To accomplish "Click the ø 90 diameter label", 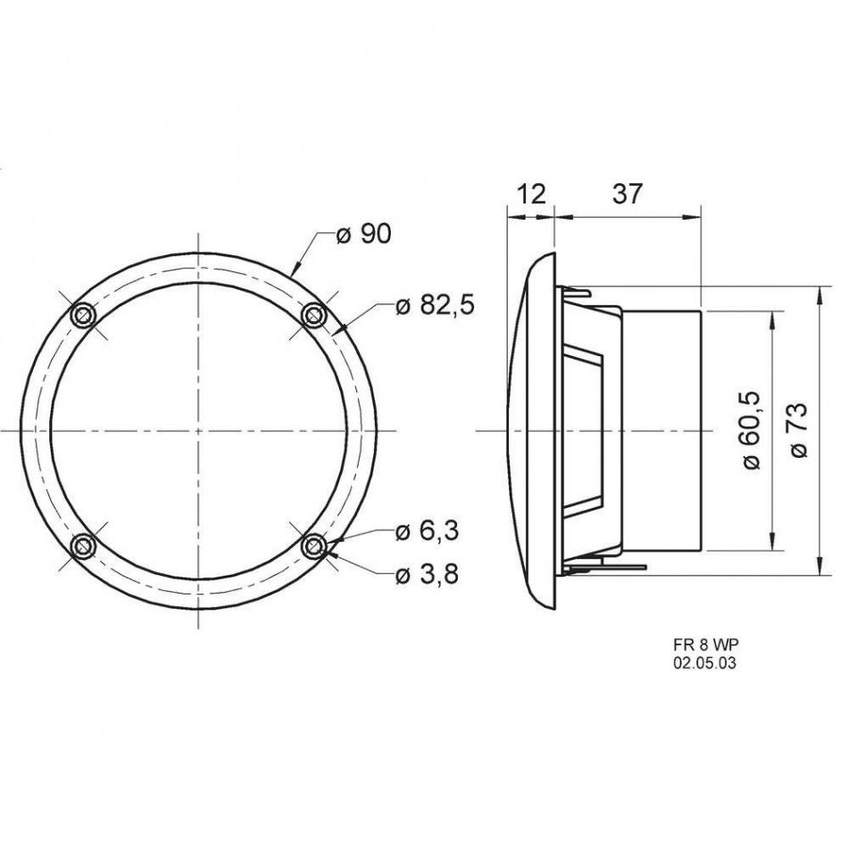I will [363, 235].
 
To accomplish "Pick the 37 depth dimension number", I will [628, 194].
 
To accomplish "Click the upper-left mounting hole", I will [84, 315].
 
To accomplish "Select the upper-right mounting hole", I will [313, 315].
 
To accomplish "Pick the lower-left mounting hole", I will [84, 545].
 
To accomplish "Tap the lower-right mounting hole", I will [313, 545].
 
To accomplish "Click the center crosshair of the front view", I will [198, 430].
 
